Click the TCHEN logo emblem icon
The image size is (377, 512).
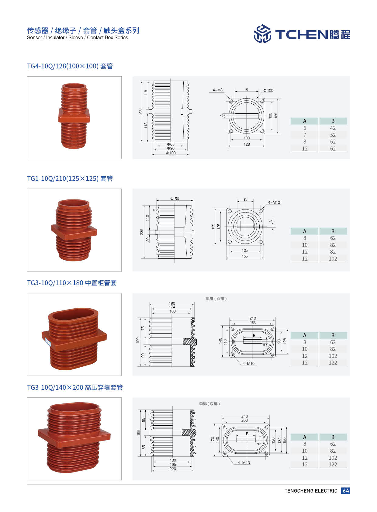(262, 34)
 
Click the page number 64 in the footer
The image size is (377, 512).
(346, 490)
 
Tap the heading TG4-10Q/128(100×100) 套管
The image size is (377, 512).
(70, 66)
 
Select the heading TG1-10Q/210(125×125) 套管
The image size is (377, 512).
(70, 178)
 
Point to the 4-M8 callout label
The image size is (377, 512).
(217, 90)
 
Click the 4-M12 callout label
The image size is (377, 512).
(274, 202)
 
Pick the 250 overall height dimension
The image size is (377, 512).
(140, 111)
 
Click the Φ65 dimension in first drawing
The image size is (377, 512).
(171, 144)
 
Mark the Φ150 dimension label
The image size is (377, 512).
(175, 199)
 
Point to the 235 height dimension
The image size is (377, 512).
(142, 232)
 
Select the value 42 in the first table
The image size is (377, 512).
(333, 128)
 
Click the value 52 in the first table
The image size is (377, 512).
(333, 135)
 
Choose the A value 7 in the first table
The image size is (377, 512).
(305, 135)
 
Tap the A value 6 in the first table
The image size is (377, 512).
(305, 128)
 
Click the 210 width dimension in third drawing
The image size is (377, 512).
(253, 318)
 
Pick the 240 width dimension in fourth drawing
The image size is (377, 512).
(244, 417)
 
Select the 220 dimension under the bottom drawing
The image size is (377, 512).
(173, 469)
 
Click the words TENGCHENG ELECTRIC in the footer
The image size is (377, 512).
(311, 491)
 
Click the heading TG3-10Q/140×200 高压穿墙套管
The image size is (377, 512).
(75, 387)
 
